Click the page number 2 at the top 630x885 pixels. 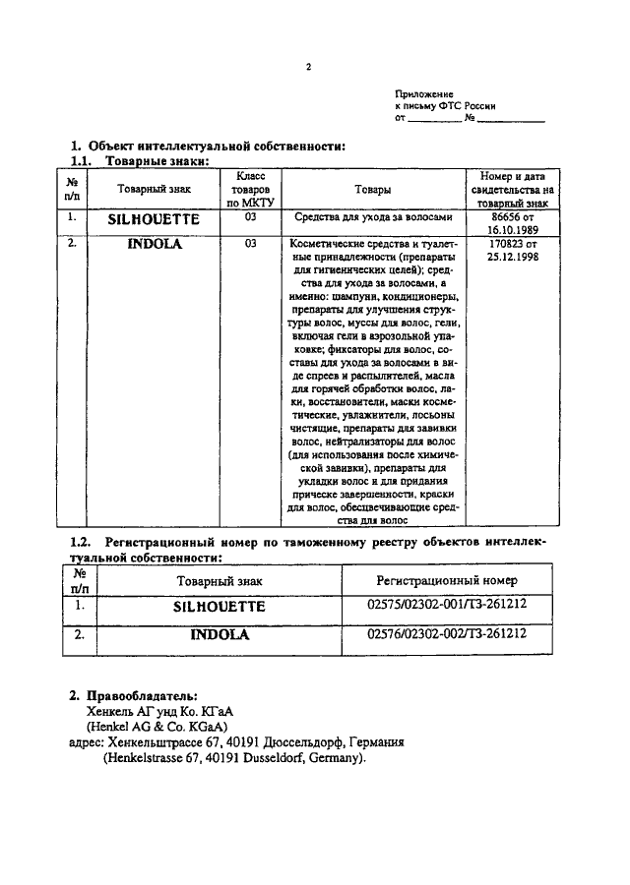(x=308, y=68)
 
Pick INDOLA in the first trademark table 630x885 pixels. (x=155, y=244)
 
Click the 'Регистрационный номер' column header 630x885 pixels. (x=447, y=581)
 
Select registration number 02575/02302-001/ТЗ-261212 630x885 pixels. (x=446, y=608)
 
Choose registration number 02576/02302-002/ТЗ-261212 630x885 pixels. (x=446, y=634)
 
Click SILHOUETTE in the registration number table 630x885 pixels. (x=219, y=608)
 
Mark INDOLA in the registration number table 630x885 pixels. (x=220, y=635)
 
